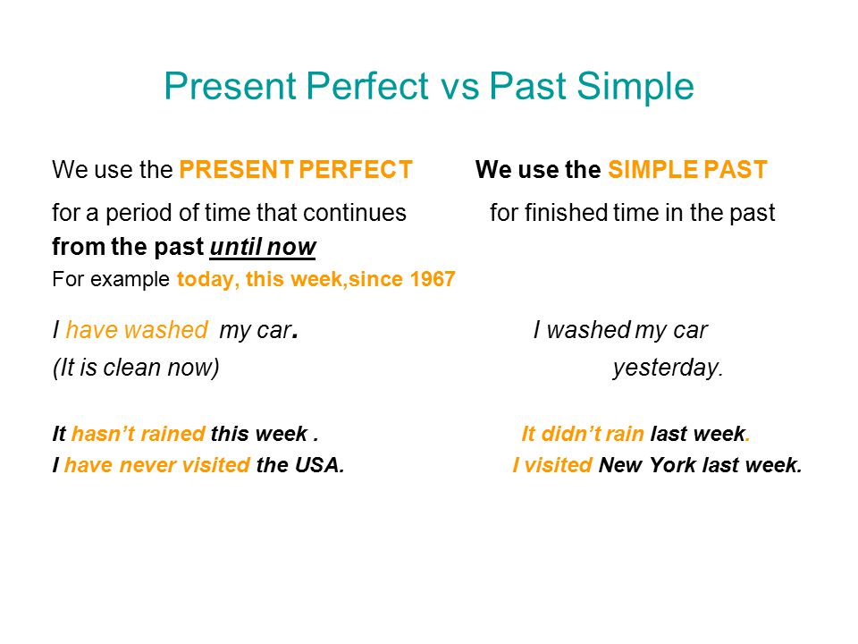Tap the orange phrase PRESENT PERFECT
point(296,170)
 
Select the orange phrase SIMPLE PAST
point(687,170)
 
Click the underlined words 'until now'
point(263,247)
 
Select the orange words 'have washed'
point(136,330)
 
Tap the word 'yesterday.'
point(668,368)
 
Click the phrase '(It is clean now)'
point(136,368)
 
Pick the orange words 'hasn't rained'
point(139,434)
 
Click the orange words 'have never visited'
point(157,465)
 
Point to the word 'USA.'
point(320,465)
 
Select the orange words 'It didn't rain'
point(582,434)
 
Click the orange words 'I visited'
point(552,465)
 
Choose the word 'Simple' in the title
point(635,88)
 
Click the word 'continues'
point(355,213)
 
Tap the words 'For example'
point(111,280)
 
